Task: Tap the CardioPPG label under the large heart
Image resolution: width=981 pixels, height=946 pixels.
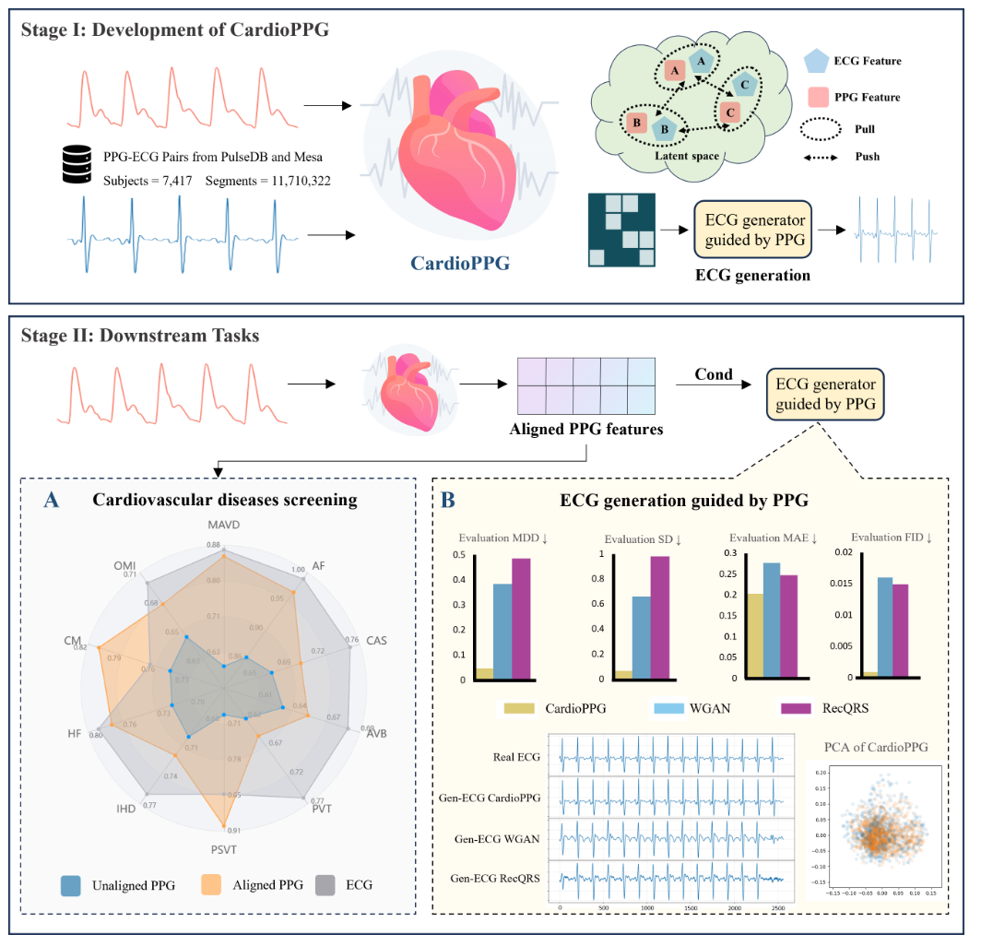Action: pos(461,264)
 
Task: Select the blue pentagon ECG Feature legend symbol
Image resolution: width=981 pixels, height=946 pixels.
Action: pos(819,62)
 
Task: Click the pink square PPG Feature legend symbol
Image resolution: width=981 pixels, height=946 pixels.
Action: pos(819,96)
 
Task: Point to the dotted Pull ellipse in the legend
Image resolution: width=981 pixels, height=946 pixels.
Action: pos(819,128)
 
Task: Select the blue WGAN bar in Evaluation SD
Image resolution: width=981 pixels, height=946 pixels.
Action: pos(640,637)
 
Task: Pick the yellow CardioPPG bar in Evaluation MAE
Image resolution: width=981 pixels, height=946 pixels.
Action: pos(755,635)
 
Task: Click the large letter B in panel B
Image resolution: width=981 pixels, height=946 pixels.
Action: pos(447,501)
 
